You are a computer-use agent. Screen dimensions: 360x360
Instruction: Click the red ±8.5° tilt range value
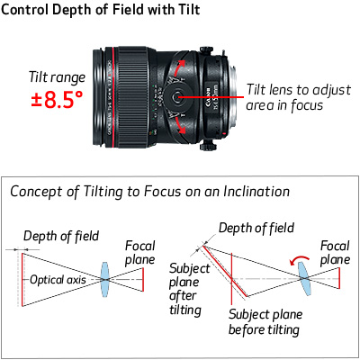pos(57,100)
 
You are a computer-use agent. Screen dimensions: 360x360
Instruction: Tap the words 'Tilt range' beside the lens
pos(57,77)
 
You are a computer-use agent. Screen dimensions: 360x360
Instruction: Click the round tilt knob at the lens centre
pos(176,96)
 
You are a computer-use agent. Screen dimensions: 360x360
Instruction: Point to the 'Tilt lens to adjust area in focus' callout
pos(298,97)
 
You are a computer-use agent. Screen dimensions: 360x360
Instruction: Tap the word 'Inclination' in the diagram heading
pos(256,192)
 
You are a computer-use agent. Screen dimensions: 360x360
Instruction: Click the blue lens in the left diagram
pos(104,279)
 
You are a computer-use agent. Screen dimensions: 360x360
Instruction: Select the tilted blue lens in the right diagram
pos(304,278)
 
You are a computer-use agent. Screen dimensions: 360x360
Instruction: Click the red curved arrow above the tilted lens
pos(299,260)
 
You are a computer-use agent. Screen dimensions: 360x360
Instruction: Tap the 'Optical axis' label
pos(58,280)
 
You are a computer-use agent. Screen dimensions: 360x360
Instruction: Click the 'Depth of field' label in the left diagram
pos(61,236)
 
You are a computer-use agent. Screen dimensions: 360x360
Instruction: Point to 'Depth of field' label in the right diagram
pos(256,228)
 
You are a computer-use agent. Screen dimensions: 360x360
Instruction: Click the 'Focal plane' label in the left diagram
pos(139,253)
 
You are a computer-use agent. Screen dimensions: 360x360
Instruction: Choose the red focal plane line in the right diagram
pos(339,278)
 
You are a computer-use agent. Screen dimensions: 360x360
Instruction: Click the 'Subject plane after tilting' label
pos(189,289)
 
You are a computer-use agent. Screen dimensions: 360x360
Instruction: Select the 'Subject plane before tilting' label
pos(265,322)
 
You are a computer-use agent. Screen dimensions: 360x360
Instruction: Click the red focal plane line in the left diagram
pos(143,279)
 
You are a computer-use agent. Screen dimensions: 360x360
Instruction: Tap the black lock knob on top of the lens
pos(206,50)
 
